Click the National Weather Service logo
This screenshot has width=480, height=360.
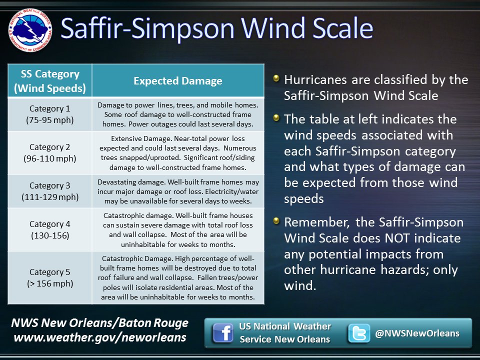(30, 30)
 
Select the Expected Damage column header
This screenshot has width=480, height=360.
(177, 81)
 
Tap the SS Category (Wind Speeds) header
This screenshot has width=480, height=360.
(50, 81)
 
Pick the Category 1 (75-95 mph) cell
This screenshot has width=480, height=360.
(50, 114)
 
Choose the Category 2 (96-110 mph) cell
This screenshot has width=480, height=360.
(50, 153)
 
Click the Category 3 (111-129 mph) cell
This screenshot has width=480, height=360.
(50, 191)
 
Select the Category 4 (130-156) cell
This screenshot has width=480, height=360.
(50, 229)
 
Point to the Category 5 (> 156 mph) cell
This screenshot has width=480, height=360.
(50, 277)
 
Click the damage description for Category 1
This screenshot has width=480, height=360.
(177, 114)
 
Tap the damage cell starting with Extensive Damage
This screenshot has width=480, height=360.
(177, 153)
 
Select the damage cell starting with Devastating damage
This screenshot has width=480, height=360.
(177, 191)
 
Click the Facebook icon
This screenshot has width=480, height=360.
(222, 333)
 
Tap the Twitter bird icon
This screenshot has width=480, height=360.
(359, 333)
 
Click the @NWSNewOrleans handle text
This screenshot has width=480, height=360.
(417, 333)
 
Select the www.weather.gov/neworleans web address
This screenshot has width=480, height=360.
(100, 337)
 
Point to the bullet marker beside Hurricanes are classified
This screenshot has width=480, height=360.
(276, 78)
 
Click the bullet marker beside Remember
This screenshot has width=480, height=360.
(276, 221)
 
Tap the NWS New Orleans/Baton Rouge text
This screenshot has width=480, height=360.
(100, 323)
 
